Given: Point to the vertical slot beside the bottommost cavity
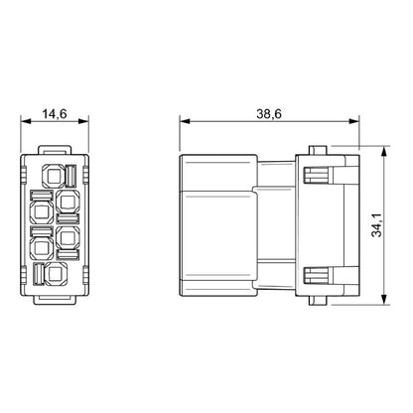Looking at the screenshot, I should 40,275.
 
